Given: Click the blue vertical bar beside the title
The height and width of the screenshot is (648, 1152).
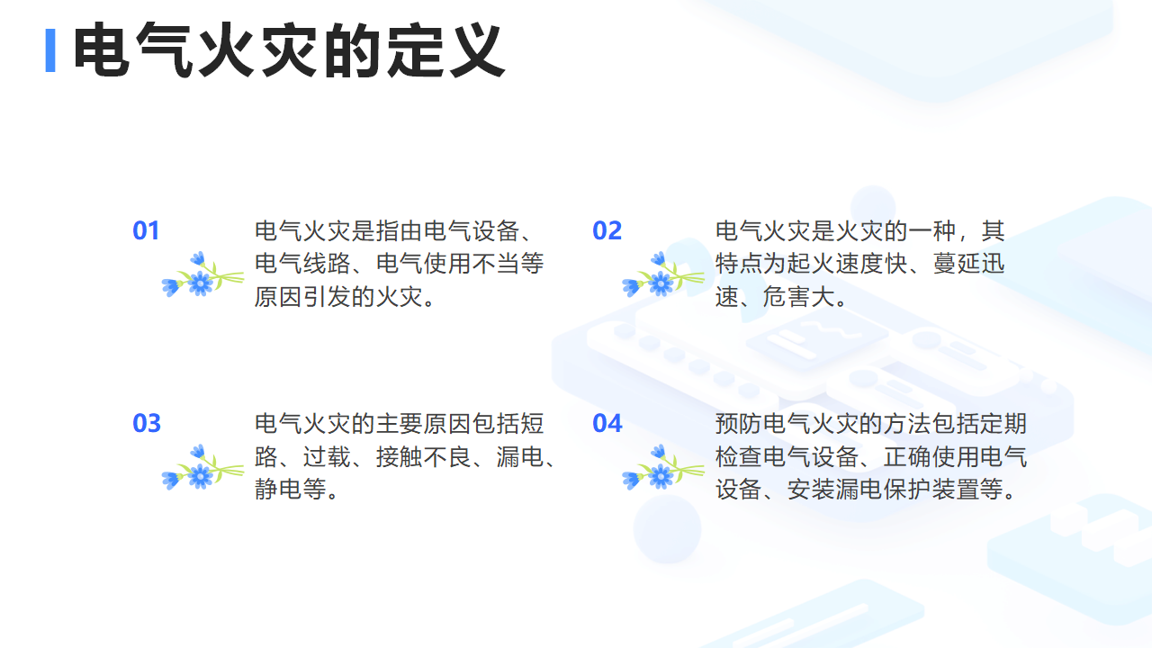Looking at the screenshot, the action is (x=50, y=50).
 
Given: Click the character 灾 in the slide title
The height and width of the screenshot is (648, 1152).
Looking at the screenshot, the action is (x=290, y=50).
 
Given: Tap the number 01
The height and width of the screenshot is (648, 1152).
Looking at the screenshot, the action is (x=146, y=230).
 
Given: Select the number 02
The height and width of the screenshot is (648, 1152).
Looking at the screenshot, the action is (x=607, y=230).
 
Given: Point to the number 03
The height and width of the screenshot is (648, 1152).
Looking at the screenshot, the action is (x=147, y=423).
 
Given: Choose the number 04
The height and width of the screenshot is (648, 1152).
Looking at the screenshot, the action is (x=607, y=423).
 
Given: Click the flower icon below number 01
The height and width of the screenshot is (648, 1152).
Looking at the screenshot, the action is (x=202, y=274).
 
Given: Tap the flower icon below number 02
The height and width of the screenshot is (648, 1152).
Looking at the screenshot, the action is (x=663, y=274).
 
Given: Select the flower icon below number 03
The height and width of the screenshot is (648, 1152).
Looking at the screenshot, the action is (x=202, y=467).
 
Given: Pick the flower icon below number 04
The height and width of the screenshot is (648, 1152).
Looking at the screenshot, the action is (x=663, y=467).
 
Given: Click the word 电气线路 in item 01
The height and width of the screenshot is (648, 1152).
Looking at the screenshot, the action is (x=302, y=264).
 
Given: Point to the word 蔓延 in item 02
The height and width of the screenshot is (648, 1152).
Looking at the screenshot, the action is (x=957, y=264).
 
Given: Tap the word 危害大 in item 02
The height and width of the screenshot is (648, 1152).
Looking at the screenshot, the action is (x=798, y=297).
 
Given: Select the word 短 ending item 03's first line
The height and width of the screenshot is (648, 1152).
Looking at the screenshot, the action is (x=532, y=423).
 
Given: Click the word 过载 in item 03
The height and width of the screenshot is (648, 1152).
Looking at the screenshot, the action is (x=327, y=456).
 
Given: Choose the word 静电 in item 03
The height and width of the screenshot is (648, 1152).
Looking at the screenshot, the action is (x=279, y=489).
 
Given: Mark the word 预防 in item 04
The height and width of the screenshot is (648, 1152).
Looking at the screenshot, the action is (x=739, y=423).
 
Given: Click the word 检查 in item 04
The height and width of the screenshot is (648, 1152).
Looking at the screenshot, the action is (x=739, y=456).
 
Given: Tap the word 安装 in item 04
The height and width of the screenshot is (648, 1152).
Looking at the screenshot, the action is (x=811, y=489).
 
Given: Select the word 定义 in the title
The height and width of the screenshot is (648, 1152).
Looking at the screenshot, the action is (x=445, y=50).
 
